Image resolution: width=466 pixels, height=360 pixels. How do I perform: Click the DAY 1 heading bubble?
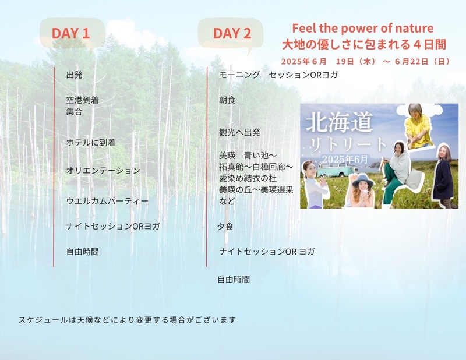72,33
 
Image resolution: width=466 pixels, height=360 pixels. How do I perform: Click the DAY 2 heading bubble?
231,33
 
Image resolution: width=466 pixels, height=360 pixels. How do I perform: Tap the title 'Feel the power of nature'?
362,28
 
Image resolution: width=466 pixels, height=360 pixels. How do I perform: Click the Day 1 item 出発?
75,75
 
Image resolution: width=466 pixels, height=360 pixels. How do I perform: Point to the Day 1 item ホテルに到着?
91,143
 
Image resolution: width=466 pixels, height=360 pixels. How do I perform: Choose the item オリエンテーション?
103,171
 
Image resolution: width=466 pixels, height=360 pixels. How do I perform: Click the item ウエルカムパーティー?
107,201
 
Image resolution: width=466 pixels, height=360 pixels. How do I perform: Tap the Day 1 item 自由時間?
83,252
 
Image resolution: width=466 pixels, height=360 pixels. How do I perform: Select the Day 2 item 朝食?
227,100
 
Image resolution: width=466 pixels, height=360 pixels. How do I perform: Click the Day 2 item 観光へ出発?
239,132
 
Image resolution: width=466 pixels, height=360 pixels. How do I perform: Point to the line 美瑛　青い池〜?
248,156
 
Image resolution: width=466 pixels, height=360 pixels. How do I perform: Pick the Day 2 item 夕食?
225,227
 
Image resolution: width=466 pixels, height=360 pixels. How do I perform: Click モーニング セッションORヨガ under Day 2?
278,75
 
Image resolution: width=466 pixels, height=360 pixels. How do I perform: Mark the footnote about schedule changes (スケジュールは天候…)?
127,320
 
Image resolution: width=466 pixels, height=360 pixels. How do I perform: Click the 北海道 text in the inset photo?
339,122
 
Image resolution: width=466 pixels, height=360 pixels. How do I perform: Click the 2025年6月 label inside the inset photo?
345,160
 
